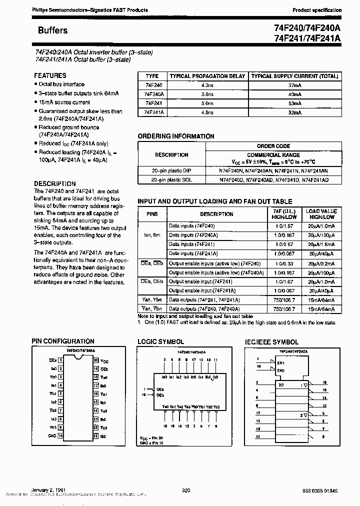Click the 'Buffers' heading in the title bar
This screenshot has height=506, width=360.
[52, 30]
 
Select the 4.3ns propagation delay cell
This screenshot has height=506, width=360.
[207, 85]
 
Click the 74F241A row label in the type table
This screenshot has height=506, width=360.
[154, 112]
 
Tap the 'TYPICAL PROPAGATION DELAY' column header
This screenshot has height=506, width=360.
[207, 76]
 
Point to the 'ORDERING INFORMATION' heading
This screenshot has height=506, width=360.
[176, 136]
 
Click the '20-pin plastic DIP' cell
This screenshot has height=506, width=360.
[171, 170]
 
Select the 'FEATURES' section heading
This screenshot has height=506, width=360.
[50, 75]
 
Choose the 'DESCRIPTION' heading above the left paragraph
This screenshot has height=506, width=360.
[55, 183]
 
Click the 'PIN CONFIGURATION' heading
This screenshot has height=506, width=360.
[63, 341]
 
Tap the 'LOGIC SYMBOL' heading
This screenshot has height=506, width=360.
[160, 342]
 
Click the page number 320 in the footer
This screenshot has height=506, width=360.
[186, 491]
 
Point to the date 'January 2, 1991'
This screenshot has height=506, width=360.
[48, 491]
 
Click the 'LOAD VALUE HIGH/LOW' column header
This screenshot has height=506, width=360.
[321, 214]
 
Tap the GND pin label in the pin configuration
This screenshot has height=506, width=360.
[51, 435]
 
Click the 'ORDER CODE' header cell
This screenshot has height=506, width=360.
[273, 146]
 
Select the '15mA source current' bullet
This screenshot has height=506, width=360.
[64, 102]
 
